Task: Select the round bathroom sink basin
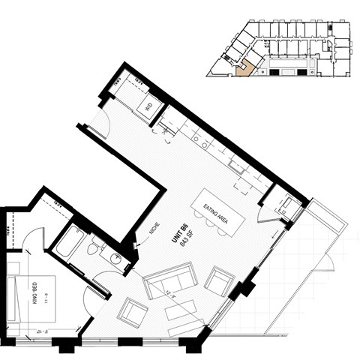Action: (115, 259)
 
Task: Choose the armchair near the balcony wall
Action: (219, 281)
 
